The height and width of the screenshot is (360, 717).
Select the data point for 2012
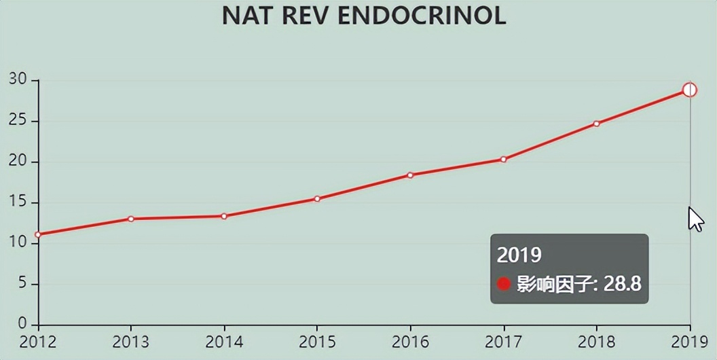38,234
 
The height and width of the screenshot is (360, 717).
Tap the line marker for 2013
130,219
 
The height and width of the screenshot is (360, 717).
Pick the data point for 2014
224,216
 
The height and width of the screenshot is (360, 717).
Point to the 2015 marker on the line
317,198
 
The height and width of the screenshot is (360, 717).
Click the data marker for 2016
410,175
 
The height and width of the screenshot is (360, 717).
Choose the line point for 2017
503,159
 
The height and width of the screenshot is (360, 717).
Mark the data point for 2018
596,124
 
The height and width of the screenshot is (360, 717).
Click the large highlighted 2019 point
689,90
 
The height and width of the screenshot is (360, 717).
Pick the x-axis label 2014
224,341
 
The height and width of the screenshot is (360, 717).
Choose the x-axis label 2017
503,341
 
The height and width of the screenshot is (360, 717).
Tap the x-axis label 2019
688,341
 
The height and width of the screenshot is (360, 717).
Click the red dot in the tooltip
503,283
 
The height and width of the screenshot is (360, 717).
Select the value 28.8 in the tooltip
623,283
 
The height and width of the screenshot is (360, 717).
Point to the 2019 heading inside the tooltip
519,255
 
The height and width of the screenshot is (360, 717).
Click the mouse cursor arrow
695,219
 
